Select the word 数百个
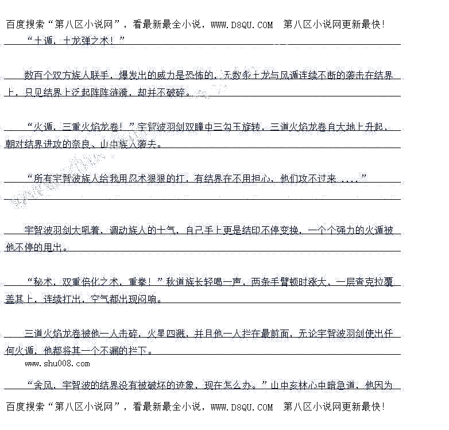[37, 75]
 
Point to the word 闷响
[147, 299]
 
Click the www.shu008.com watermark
[57, 363]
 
